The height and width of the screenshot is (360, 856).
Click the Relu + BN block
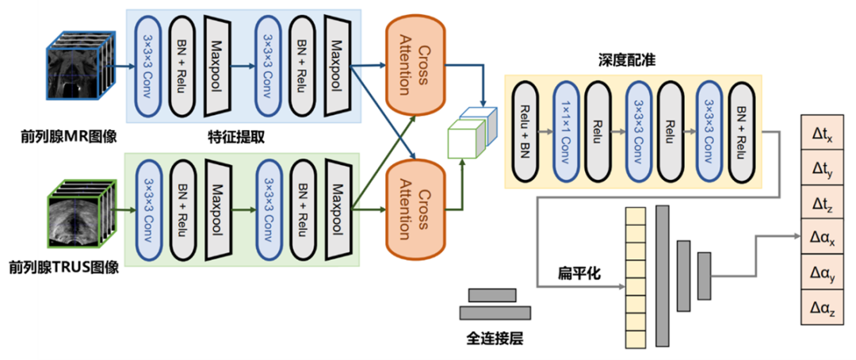pos(524,131)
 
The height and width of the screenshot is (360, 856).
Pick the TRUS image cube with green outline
pos(79,215)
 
